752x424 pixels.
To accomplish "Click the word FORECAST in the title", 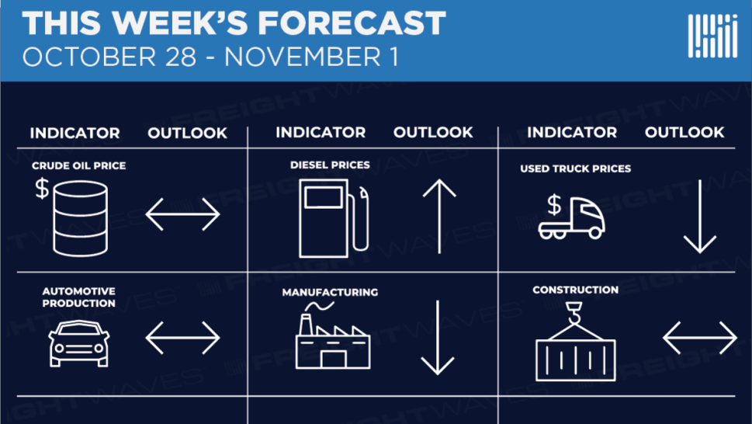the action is pyautogui.click(x=352, y=23).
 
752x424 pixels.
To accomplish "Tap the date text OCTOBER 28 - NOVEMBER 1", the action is pyautogui.click(x=210, y=57).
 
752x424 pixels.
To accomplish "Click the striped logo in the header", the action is pyautogui.click(x=712, y=36).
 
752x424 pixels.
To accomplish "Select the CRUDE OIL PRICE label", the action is pyautogui.click(x=78, y=165).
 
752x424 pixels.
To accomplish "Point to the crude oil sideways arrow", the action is pyautogui.click(x=182, y=214).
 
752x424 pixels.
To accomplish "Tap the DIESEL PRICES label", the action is pyautogui.click(x=330, y=165).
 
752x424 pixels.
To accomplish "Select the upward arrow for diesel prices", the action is pyautogui.click(x=439, y=217).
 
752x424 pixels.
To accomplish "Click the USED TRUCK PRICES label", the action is pyautogui.click(x=576, y=169).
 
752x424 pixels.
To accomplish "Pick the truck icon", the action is pyautogui.click(x=571, y=217).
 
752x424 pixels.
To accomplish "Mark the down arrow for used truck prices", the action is pyautogui.click(x=700, y=217).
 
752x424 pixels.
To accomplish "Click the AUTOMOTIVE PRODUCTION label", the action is pyautogui.click(x=78, y=297).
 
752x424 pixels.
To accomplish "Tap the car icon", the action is pyautogui.click(x=79, y=343).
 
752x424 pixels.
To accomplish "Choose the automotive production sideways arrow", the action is pyautogui.click(x=182, y=338).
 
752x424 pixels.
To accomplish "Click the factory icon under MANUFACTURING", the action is pyautogui.click(x=333, y=335).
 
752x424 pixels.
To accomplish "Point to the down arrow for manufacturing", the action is pyautogui.click(x=438, y=338).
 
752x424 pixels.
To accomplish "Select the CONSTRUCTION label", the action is pyautogui.click(x=576, y=290).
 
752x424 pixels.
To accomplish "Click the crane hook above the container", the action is pyautogui.click(x=574, y=313).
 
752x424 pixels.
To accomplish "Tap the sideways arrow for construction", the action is pyautogui.click(x=700, y=338).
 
